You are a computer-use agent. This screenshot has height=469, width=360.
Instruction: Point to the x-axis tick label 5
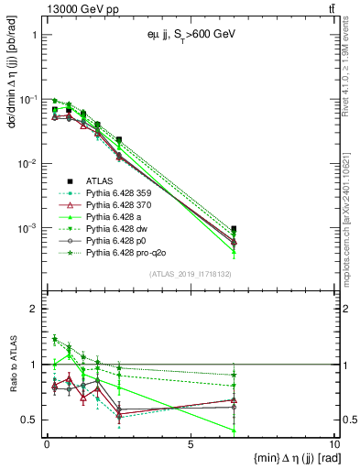[x=190, y=445]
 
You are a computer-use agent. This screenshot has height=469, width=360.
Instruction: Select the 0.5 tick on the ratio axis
[x=33, y=420]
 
